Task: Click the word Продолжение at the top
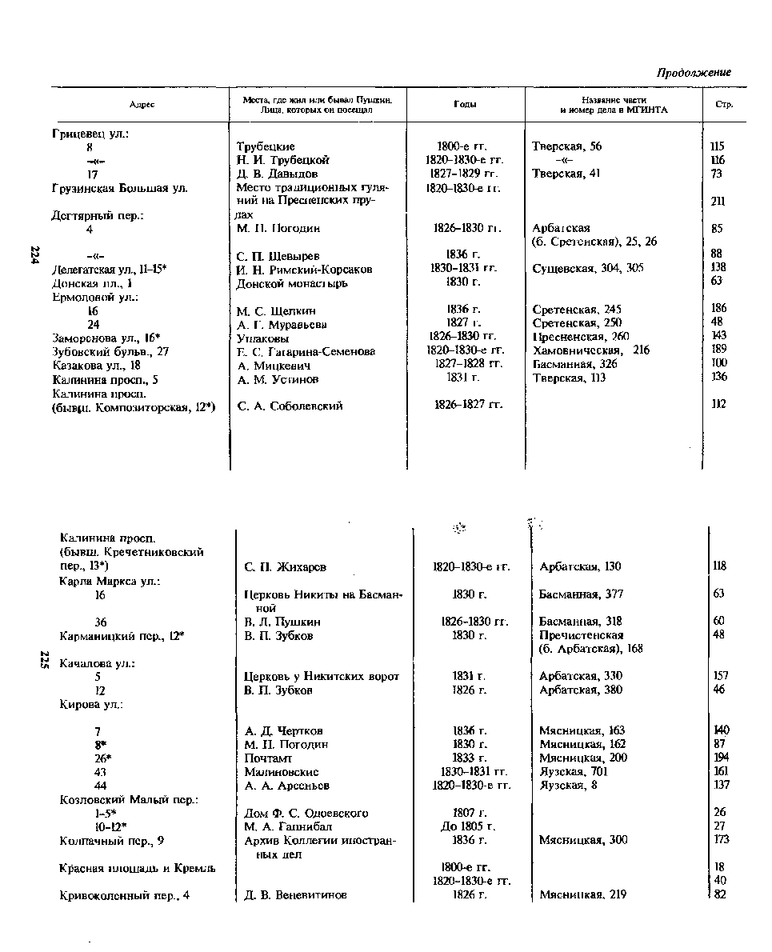pos(694,73)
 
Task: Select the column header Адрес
pos(142,105)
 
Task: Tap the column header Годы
pos(465,105)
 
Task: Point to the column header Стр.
pos(723,105)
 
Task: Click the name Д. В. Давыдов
pos(278,174)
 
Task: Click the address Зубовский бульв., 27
pos(111,351)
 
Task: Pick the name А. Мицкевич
pos(273,365)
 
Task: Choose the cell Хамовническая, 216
pos(591,350)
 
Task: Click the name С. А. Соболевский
pos(290,406)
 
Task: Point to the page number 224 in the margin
pos(34,254)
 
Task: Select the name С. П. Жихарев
pos(285,567)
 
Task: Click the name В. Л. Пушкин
pos(282,622)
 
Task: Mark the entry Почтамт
pos(268,758)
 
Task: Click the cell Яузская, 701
pos(574,772)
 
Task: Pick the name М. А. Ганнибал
pos(288,826)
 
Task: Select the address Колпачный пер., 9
pos(113,840)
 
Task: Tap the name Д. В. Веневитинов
pos(296,895)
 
